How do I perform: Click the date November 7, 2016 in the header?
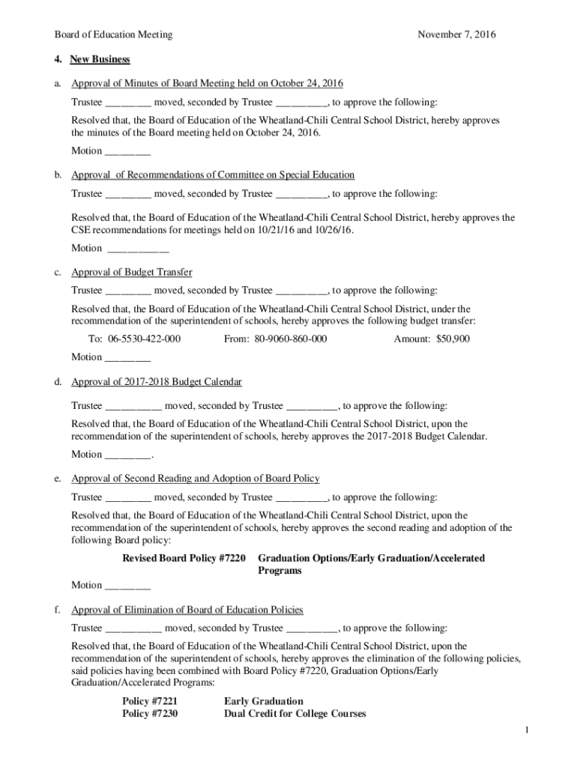(456, 34)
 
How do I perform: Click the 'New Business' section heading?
(100, 59)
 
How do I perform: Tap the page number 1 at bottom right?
(528, 730)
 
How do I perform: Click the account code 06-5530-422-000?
(145, 339)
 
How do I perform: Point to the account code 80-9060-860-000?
(291, 339)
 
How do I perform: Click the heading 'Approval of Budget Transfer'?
(132, 272)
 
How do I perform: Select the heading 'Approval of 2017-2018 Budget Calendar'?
(157, 382)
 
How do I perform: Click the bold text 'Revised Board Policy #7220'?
(184, 558)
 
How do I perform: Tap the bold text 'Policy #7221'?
(150, 701)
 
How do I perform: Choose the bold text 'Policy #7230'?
(150, 714)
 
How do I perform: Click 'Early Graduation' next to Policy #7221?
(264, 701)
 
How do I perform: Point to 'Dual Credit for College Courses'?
(295, 714)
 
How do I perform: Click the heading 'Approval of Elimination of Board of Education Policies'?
(187, 610)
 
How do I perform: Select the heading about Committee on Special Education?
(213, 175)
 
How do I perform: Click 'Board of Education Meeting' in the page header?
(113, 34)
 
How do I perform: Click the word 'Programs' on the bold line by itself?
(280, 571)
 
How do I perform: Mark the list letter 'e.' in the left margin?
(58, 479)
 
